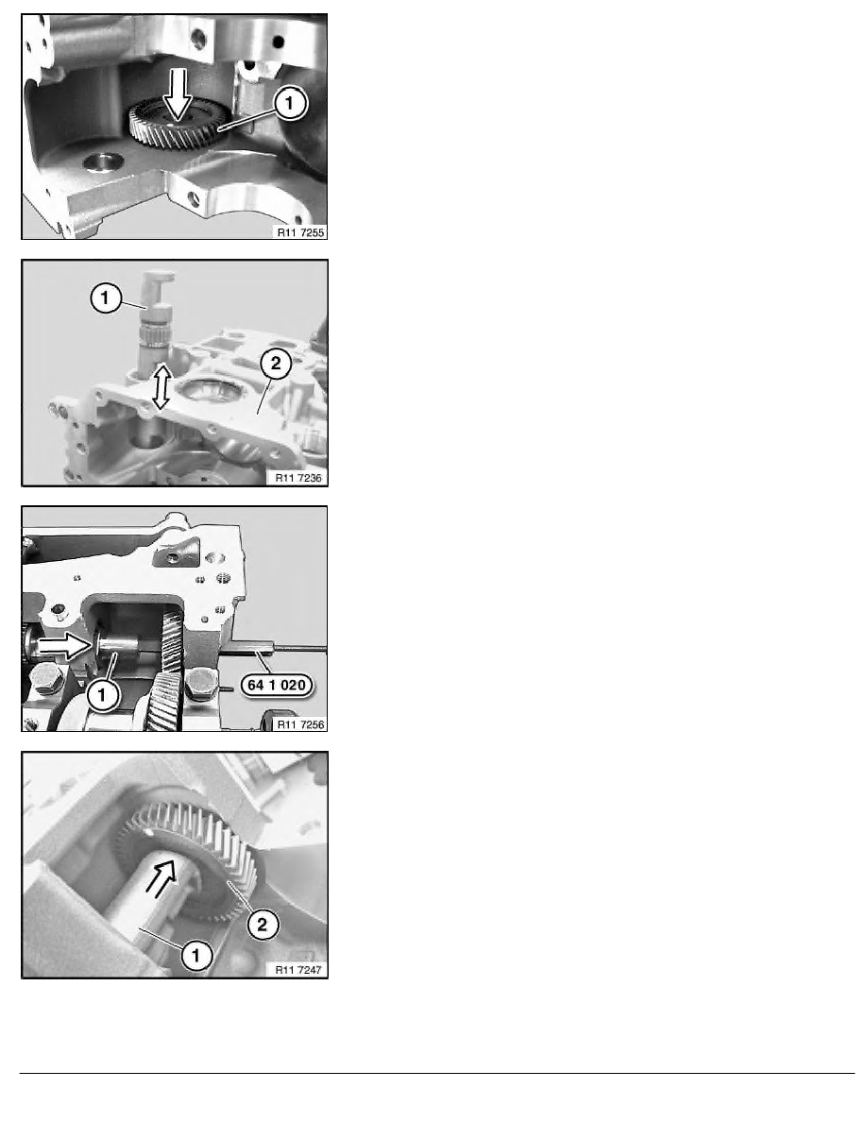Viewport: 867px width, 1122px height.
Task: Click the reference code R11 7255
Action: click(300, 232)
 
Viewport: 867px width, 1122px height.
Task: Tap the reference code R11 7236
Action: click(298, 478)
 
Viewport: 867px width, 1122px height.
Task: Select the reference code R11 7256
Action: click(300, 725)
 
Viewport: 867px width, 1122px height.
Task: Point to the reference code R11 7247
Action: click(298, 970)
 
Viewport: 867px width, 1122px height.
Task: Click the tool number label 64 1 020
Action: click(277, 686)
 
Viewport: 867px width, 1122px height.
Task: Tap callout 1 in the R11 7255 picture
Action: click(289, 103)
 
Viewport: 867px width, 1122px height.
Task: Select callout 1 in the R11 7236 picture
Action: click(106, 297)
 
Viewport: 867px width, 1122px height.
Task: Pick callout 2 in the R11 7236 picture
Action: click(276, 364)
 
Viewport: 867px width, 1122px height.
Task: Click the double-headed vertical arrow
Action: click(161, 386)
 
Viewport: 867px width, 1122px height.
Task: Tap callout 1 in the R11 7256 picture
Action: click(102, 695)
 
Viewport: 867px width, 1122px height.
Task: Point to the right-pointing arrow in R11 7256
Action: click(64, 646)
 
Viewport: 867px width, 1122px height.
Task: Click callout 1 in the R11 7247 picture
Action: click(196, 955)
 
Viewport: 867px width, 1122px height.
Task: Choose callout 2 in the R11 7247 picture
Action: click(262, 925)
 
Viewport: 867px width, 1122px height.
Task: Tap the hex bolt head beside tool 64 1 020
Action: click(200, 684)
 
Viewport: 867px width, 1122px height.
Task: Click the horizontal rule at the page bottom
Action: click(437, 1073)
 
